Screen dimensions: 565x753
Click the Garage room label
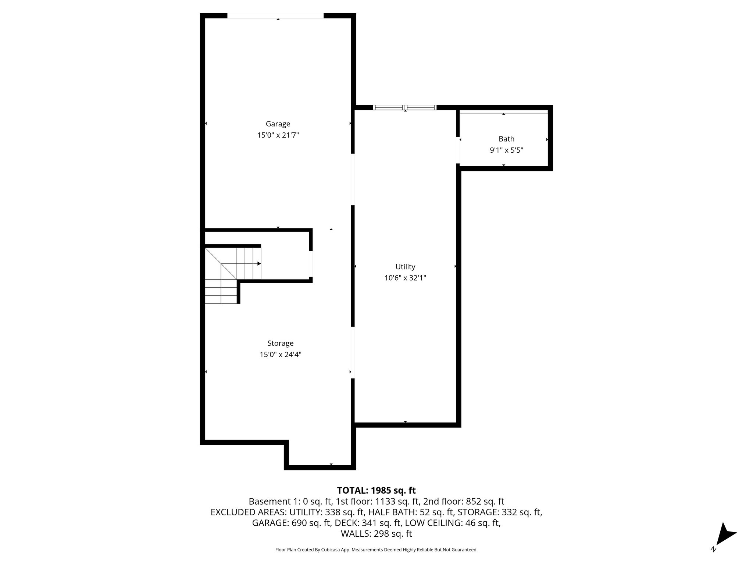(278, 124)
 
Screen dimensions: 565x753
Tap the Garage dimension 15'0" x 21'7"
(278, 135)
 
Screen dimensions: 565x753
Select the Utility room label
(405, 267)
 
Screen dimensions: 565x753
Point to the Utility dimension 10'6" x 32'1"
(405, 278)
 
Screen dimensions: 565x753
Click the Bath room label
(506, 139)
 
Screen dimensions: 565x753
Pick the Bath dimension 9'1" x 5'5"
(506, 150)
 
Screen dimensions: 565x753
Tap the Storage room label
(280, 343)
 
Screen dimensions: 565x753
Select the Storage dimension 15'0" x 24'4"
(280, 355)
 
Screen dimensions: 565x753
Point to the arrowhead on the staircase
(259, 264)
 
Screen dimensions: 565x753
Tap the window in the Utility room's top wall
(405, 108)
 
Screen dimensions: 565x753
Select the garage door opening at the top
(275, 16)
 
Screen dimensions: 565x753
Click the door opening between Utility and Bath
(458, 150)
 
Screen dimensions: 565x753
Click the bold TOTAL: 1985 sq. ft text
(376, 490)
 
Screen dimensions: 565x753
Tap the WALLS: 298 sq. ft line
(376, 534)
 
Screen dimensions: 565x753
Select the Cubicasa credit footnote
(376, 550)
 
